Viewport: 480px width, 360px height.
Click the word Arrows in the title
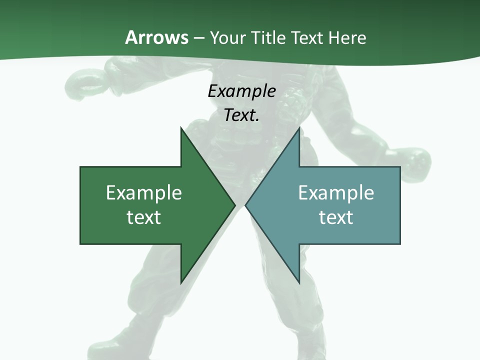tap(156, 37)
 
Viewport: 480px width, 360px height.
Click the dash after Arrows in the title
tap(198, 38)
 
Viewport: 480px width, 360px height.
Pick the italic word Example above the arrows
tap(241, 91)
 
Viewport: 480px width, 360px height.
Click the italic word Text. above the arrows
tap(241, 115)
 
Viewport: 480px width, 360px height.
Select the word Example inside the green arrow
tap(144, 193)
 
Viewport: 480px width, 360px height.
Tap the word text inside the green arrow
tap(144, 217)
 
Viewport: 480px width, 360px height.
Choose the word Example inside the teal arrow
tap(336, 193)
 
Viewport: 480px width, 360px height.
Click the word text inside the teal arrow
tap(336, 217)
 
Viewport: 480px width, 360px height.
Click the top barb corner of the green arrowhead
tap(181, 128)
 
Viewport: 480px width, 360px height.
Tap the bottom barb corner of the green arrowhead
tap(181, 282)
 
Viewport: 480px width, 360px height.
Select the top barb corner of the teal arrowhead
tap(299, 128)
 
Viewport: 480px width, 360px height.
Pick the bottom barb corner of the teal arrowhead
tap(299, 282)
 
